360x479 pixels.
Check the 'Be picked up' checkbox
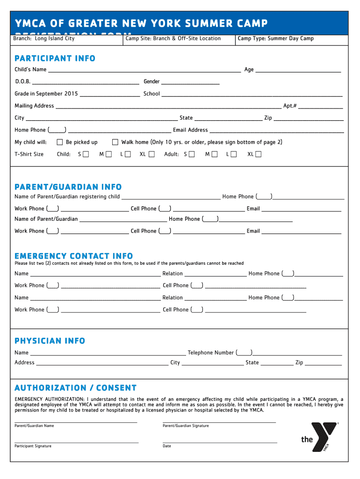click(x=60, y=142)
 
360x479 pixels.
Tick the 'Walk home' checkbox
click(x=115, y=142)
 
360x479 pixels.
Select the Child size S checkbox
click(x=86, y=154)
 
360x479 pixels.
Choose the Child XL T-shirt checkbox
click(x=151, y=154)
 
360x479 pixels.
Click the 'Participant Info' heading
click(x=55, y=58)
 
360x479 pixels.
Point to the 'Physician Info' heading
click(x=50, y=341)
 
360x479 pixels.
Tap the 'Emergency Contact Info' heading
click(x=73, y=256)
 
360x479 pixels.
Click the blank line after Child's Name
click(x=144, y=71)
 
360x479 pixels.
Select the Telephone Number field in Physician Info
click(x=297, y=354)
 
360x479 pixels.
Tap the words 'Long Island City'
click(x=55, y=38)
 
